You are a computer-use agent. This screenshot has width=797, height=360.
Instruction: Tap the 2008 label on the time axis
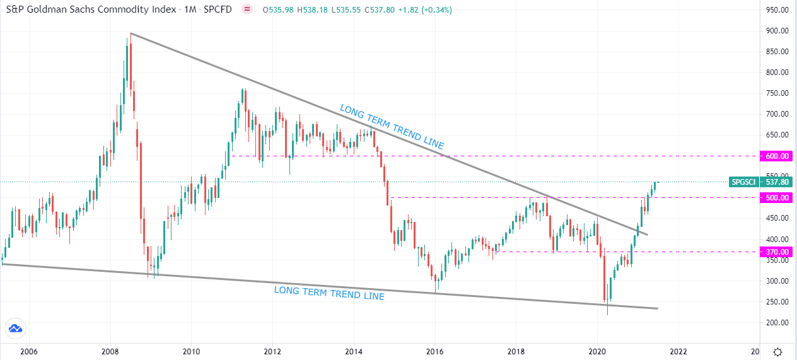pos(110,351)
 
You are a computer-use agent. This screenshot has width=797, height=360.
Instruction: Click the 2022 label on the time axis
pos(678,351)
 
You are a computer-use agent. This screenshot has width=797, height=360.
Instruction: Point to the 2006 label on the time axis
pos(29,351)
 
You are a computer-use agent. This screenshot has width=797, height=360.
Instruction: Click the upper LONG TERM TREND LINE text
pos(392,127)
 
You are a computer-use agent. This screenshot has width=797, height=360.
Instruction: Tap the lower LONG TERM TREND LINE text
pos(329,293)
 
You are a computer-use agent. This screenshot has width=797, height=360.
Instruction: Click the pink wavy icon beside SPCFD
pos(247,9)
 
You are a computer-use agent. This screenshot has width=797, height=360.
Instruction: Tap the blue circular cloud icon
pos(15,328)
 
